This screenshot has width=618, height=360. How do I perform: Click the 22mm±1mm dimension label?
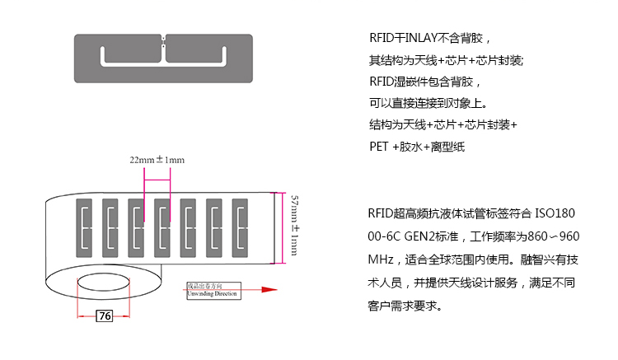(x=157, y=159)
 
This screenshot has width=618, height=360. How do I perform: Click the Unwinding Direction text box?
(x=212, y=290)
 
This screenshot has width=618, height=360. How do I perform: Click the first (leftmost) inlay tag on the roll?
(x=87, y=225)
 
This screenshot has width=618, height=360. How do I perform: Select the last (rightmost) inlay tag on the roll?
(x=240, y=225)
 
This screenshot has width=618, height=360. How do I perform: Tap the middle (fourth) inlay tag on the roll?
(x=163, y=225)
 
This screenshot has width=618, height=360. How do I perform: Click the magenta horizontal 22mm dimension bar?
(x=157, y=171)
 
